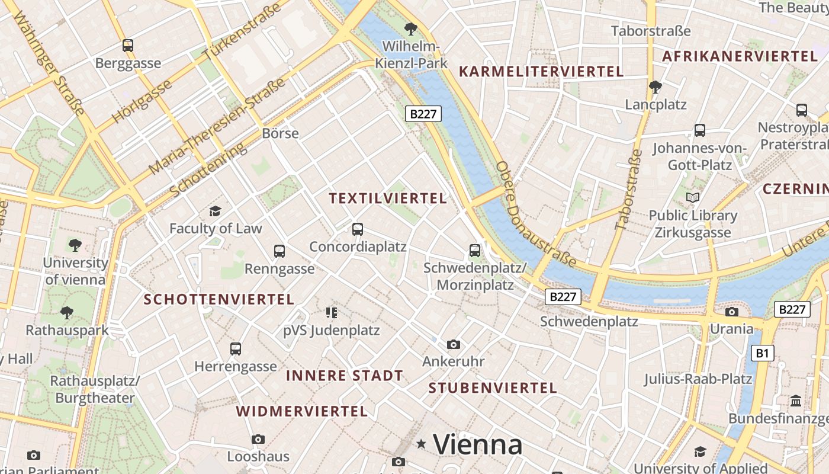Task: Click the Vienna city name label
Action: tap(477, 444)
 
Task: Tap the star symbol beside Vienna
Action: tap(422, 443)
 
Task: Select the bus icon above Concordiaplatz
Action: tap(357, 229)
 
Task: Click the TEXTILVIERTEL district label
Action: tap(388, 198)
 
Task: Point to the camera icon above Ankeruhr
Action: tap(454, 344)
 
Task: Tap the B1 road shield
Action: tap(762, 354)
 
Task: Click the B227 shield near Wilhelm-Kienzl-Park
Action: tap(423, 114)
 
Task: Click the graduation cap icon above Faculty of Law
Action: tap(215, 211)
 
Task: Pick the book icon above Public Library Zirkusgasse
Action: tap(693, 197)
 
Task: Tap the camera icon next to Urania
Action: tap(732, 312)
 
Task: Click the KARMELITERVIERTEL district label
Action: tap(541, 72)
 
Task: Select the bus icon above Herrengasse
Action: tap(236, 348)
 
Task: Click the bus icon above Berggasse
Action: tap(128, 45)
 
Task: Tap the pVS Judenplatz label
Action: tap(331, 330)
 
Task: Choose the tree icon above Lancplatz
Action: tap(655, 87)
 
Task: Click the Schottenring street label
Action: tap(208, 170)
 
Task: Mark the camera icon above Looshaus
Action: tap(258, 439)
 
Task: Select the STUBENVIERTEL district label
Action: tap(493, 388)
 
